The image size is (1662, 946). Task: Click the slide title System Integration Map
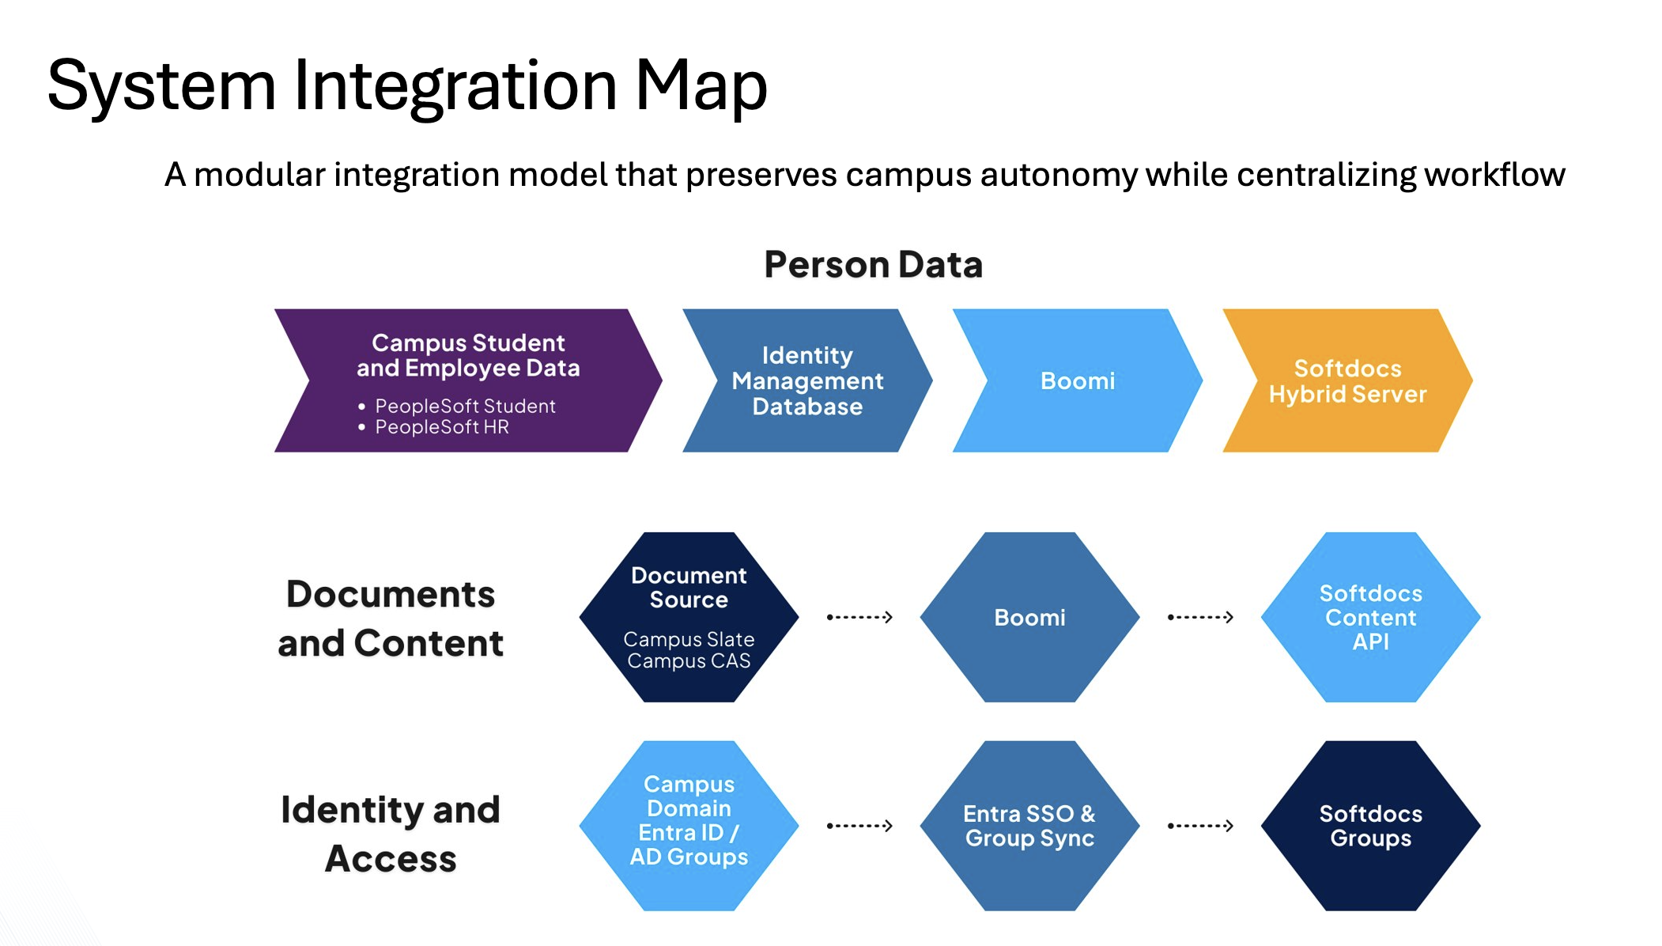[406, 85]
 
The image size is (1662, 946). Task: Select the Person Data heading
[873, 264]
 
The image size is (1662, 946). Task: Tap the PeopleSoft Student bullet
[464, 406]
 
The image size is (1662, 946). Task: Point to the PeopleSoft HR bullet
[441, 427]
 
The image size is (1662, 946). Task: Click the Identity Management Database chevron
[806, 380]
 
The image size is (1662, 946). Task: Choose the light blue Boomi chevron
[1077, 380]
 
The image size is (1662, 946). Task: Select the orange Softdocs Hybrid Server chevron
[1347, 380]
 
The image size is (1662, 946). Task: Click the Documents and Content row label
[390, 618]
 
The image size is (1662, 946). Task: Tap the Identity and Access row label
[390, 834]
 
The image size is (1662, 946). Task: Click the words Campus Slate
[689, 639]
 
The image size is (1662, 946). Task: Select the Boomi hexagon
[1029, 617]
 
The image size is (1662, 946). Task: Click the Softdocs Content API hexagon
[1370, 617]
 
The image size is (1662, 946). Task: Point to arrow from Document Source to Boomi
[859, 617]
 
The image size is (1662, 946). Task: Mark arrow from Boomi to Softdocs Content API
[1200, 617]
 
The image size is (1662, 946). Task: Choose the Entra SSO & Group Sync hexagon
[1029, 826]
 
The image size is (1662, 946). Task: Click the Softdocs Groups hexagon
[1370, 826]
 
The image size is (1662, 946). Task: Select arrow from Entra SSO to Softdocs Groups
[1200, 826]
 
